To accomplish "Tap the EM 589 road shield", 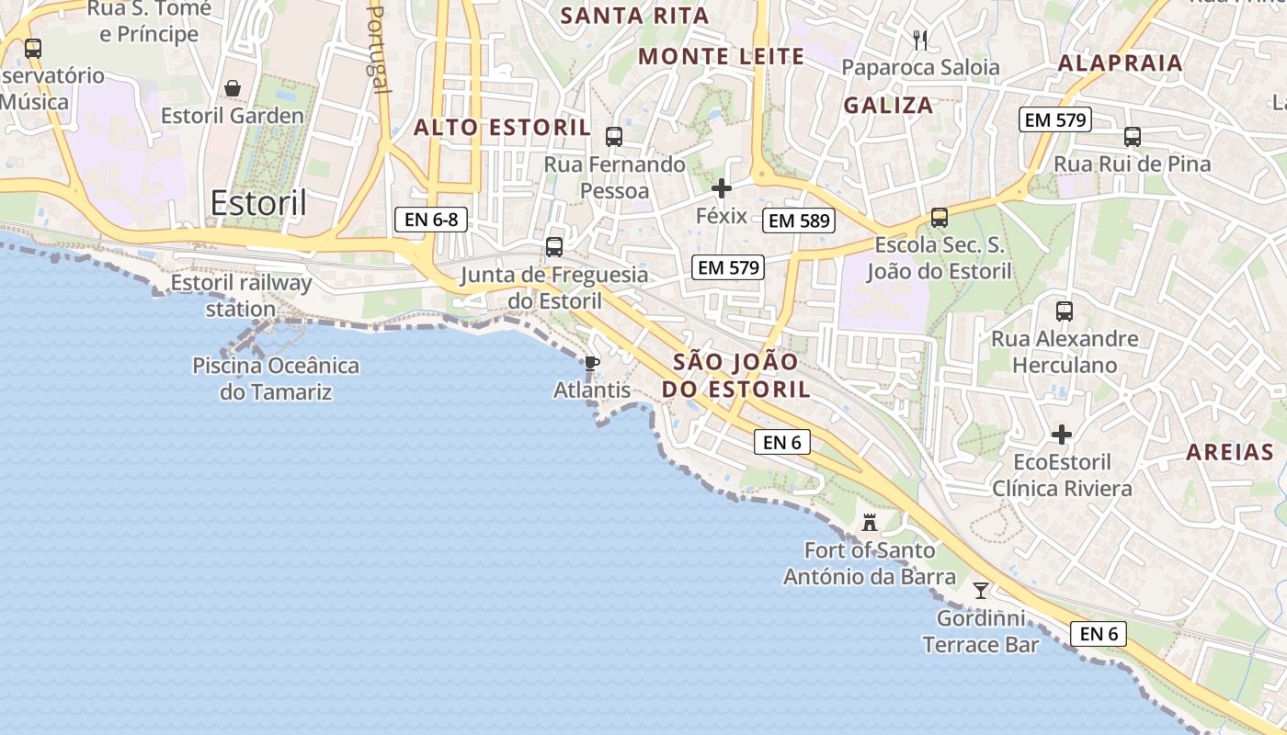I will pyautogui.click(x=799, y=220).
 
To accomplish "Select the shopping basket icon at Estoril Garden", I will pyautogui.click(x=233, y=88).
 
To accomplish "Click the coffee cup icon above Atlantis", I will pyautogui.click(x=592, y=363).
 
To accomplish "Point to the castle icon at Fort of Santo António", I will pyautogui.click(x=869, y=523).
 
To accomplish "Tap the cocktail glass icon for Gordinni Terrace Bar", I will pyautogui.click(x=981, y=590).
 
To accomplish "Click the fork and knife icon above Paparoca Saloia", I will pyautogui.click(x=920, y=40).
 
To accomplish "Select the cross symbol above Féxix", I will pyautogui.click(x=722, y=189).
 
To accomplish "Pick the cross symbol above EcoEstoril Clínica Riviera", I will pyautogui.click(x=1062, y=434).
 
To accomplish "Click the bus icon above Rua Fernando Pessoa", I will pyautogui.click(x=614, y=137).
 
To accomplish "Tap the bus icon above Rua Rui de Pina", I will pyautogui.click(x=1133, y=137).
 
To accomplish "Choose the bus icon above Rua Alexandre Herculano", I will pyautogui.click(x=1065, y=311).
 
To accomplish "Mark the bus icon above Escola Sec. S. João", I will pyautogui.click(x=940, y=218).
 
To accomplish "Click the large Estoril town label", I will pyautogui.click(x=258, y=203).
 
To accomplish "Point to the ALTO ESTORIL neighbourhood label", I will pyautogui.click(x=502, y=128).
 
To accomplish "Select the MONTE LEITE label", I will pyautogui.click(x=722, y=57).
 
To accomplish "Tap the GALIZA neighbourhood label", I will pyautogui.click(x=888, y=105).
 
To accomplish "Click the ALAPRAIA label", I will pyautogui.click(x=1120, y=63).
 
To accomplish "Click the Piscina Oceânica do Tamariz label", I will pyautogui.click(x=276, y=379).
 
